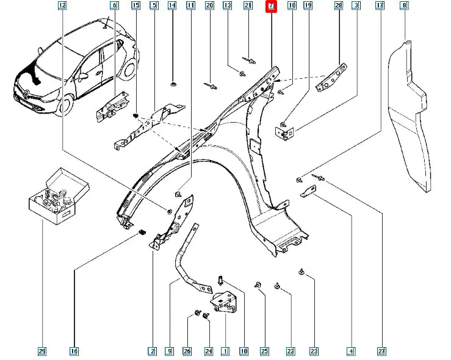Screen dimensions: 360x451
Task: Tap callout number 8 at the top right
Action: coord(420,5)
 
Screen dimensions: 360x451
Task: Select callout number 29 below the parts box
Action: coord(41,351)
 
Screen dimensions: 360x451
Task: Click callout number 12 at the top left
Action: coord(62,5)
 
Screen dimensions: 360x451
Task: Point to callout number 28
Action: coord(339,5)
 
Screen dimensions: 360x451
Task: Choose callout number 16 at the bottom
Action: coord(74,351)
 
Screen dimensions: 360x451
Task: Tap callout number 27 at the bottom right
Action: coord(382,351)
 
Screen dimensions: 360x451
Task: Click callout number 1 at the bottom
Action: coord(225,351)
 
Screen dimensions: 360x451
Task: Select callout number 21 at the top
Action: coord(248,5)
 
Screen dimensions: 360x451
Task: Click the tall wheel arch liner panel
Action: coord(413,116)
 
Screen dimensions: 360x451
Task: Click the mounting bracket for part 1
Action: coord(223,301)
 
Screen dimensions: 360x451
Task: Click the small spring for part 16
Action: coord(142,232)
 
